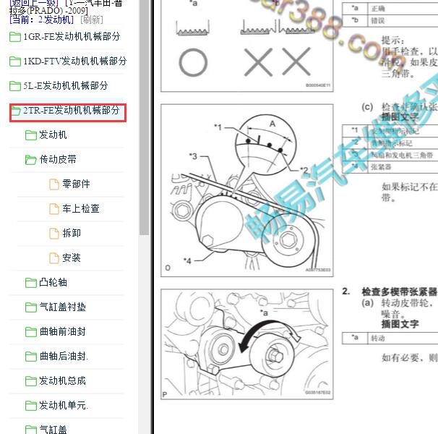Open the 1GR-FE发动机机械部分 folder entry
coord(71,37)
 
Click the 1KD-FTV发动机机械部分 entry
coord(74,61)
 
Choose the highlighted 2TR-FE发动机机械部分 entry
coord(71,111)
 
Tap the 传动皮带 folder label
coord(58,160)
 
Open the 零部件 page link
coord(76,184)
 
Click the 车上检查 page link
coord(80,209)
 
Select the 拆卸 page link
coord(72,234)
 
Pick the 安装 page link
coord(72,258)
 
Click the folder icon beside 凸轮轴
coord(30,283)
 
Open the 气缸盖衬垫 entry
coord(62,307)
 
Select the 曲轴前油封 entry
coord(62,332)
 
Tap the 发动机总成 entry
coord(62,381)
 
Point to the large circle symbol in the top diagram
coord(193,63)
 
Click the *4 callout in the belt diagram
coord(187,260)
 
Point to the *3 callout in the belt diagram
coord(193,156)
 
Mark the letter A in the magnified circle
coord(272,124)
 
